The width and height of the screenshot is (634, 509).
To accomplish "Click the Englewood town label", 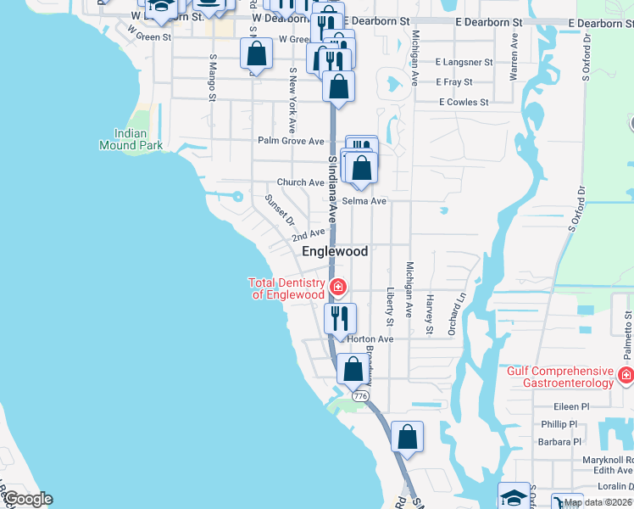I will click(336, 252).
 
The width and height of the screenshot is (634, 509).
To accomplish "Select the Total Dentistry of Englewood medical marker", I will click(338, 288).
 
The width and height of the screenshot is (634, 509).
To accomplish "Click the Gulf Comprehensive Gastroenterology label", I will click(559, 378).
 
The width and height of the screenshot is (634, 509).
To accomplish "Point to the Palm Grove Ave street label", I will click(292, 141).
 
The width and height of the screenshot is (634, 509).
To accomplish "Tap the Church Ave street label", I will click(300, 182).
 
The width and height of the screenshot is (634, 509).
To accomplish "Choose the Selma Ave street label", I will click(365, 201).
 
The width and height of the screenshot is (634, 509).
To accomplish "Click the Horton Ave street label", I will click(370, 339).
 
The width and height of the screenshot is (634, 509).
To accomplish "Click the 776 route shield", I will click(360, 395).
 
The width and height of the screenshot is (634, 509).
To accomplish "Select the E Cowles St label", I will click(464, 103).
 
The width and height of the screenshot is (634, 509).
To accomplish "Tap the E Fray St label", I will click(454, 82).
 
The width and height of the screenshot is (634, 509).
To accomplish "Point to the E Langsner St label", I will click(464, 62).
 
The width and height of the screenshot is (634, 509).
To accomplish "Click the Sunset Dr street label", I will click(279, 209).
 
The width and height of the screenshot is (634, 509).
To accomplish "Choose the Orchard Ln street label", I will click(459, 313).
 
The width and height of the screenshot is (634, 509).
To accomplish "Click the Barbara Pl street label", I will click(559, 442).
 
